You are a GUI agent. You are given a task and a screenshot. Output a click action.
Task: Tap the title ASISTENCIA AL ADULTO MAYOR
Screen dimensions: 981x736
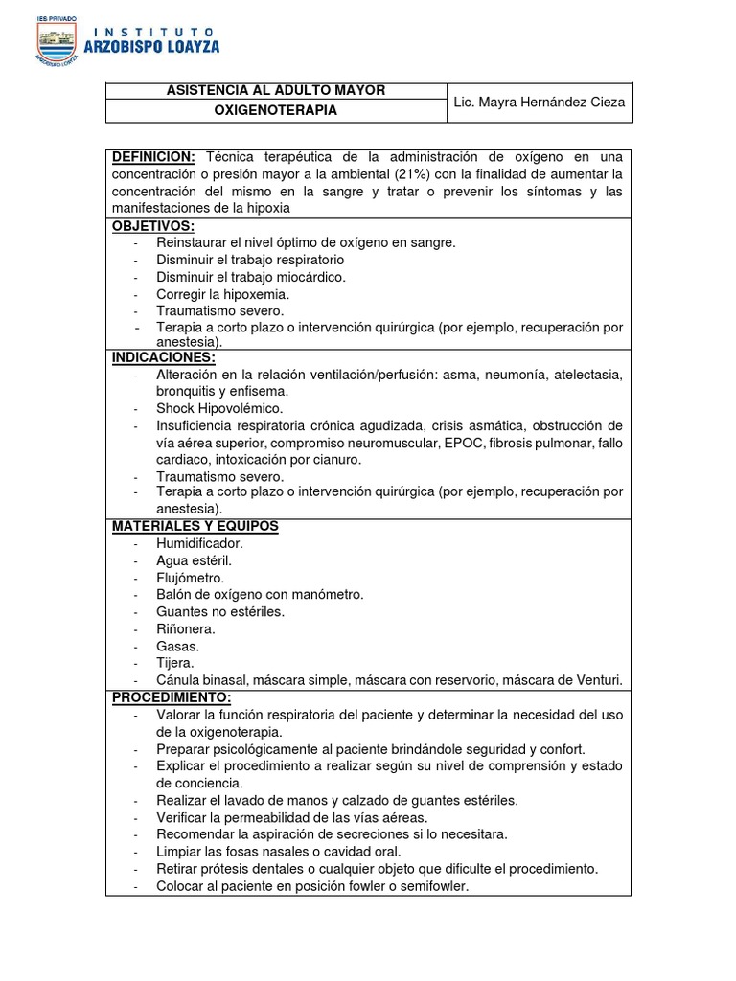276,90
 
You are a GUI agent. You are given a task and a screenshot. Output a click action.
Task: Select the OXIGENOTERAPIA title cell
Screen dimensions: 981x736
276,111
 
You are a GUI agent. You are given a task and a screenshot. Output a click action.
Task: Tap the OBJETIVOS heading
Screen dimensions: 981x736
153,226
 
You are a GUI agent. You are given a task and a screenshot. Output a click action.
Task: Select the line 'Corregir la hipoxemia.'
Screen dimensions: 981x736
222,294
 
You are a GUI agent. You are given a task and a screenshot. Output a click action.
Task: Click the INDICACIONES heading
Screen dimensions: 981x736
164,357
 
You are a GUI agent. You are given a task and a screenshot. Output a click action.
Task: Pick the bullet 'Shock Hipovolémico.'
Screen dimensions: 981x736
217,408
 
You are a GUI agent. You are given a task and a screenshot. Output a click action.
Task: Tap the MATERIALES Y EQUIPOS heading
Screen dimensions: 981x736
195,526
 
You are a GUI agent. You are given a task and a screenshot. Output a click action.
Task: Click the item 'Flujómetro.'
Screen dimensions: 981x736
191,578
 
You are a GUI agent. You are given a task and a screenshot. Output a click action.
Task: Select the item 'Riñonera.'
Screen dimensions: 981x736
186,628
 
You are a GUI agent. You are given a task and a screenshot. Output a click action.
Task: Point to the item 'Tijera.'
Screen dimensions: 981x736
175,663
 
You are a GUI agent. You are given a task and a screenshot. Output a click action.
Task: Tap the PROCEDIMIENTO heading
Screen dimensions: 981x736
172,696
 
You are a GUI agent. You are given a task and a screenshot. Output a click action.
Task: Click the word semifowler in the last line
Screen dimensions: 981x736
432,886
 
